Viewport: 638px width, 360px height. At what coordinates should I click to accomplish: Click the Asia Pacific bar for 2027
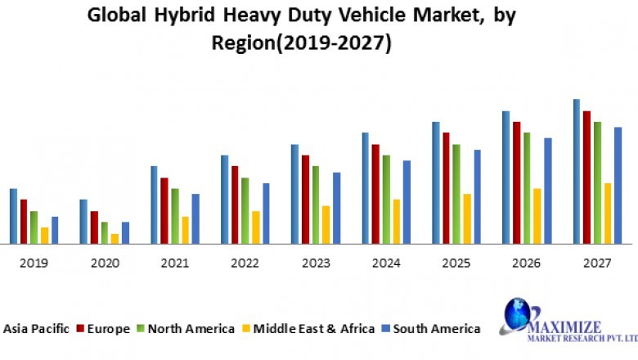point(577,172)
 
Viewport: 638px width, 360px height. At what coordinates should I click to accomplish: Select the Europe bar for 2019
point(24,222)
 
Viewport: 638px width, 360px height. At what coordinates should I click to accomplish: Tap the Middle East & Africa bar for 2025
point(467,219)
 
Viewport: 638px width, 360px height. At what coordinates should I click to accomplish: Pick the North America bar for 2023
point(315,205)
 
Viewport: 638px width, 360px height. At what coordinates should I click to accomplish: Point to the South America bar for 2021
point(195,219)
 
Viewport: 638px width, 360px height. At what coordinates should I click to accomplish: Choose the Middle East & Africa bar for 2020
point(115,239)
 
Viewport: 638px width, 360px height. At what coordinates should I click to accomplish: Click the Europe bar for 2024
point(375,194)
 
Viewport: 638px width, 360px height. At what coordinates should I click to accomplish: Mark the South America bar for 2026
point(548,191)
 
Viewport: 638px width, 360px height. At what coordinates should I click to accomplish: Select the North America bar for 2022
point(245,211)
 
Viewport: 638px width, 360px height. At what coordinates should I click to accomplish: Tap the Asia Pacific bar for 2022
point(224,200)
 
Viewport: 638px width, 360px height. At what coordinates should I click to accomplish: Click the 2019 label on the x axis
point(34,263)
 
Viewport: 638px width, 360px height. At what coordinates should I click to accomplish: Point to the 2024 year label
point(386,263)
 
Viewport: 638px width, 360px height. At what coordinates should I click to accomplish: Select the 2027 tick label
point(598,263)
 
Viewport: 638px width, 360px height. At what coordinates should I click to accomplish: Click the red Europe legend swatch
point(81,329)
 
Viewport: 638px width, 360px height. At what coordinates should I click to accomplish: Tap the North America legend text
point(191,329)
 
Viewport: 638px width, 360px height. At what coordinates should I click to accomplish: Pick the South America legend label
point(437,329)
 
